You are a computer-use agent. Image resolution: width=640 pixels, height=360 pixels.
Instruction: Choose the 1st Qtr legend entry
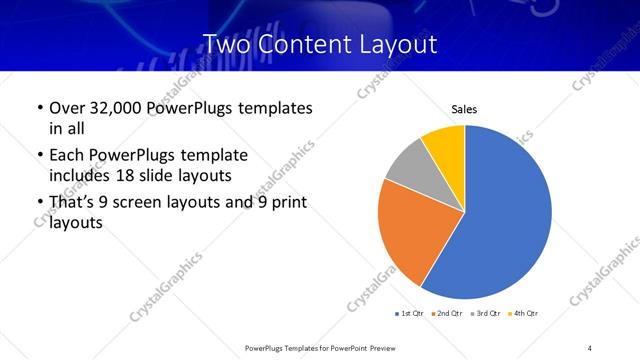(410, 314)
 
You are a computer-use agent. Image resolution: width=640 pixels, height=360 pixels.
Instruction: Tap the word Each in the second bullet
(67, 156)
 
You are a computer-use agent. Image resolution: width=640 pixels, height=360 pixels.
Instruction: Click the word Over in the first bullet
(67, 108)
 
